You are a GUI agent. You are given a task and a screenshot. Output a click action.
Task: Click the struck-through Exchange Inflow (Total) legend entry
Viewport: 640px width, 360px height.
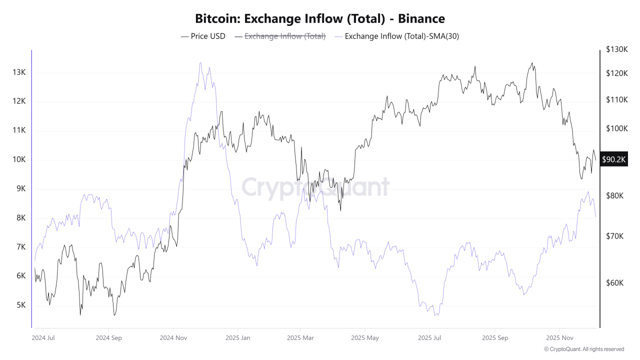(x=280, y=36)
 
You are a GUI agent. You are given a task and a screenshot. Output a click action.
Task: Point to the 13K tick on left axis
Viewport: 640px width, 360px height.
(x=19, y=72)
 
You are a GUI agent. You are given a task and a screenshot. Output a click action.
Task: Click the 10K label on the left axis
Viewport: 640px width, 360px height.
(x=19, y=159)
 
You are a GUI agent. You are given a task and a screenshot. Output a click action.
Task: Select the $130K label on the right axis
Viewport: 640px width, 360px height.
(x=616, y=49)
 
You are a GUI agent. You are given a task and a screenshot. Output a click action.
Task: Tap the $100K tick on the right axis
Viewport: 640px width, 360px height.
(x=616, y=128)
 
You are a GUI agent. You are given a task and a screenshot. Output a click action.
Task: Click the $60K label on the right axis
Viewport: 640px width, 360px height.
(x=615, y=283)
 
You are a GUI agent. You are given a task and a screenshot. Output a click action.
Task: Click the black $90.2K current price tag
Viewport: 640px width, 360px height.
(x=613, y=159)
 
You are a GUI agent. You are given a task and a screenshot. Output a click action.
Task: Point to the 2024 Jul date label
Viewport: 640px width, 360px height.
(x=43, y=337)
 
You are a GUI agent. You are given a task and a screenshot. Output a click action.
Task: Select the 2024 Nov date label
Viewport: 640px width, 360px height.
(x=173, y=337)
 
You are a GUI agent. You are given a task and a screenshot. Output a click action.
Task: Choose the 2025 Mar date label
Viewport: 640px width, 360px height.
(x=300, y=337)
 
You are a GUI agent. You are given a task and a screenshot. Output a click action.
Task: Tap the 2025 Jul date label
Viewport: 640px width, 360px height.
(x=429, y=337)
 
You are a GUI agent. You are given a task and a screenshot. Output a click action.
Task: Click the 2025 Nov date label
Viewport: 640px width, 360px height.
(x=560, y=337)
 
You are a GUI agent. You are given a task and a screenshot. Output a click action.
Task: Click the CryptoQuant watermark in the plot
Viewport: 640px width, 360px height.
(x=315, y=187)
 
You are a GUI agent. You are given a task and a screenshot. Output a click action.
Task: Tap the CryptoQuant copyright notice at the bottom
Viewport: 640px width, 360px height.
(x=584, y=349)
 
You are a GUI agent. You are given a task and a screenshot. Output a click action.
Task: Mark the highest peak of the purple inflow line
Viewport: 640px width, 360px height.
(x=200, y=63)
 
